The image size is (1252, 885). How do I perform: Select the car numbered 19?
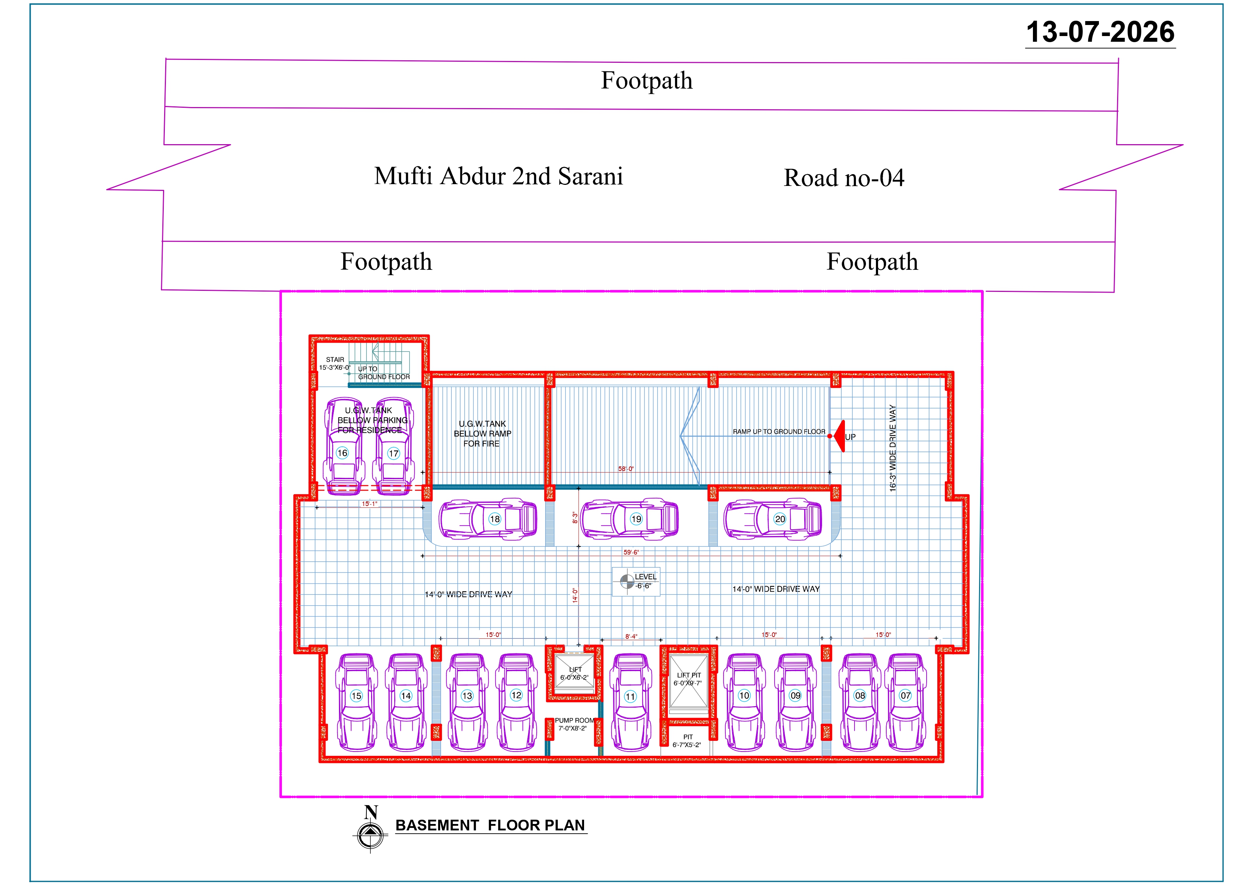tap(629, 519)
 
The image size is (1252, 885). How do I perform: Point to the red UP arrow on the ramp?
tap(839, 436)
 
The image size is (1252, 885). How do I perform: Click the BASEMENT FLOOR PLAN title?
tap(490, 825)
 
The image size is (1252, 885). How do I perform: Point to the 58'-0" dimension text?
tap(626, 469)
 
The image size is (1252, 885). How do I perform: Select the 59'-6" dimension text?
tap(631, 552)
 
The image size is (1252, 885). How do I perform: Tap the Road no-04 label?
tap(844, 178)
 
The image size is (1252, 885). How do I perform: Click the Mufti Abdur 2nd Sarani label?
tap(498, 176)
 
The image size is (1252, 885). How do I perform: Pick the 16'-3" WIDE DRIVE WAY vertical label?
tap(893, 448)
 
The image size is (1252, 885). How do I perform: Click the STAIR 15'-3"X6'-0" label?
tap(335, 364)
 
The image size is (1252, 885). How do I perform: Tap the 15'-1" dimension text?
tap(369, 504)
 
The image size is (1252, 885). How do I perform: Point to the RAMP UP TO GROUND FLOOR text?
tap(779, 431)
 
